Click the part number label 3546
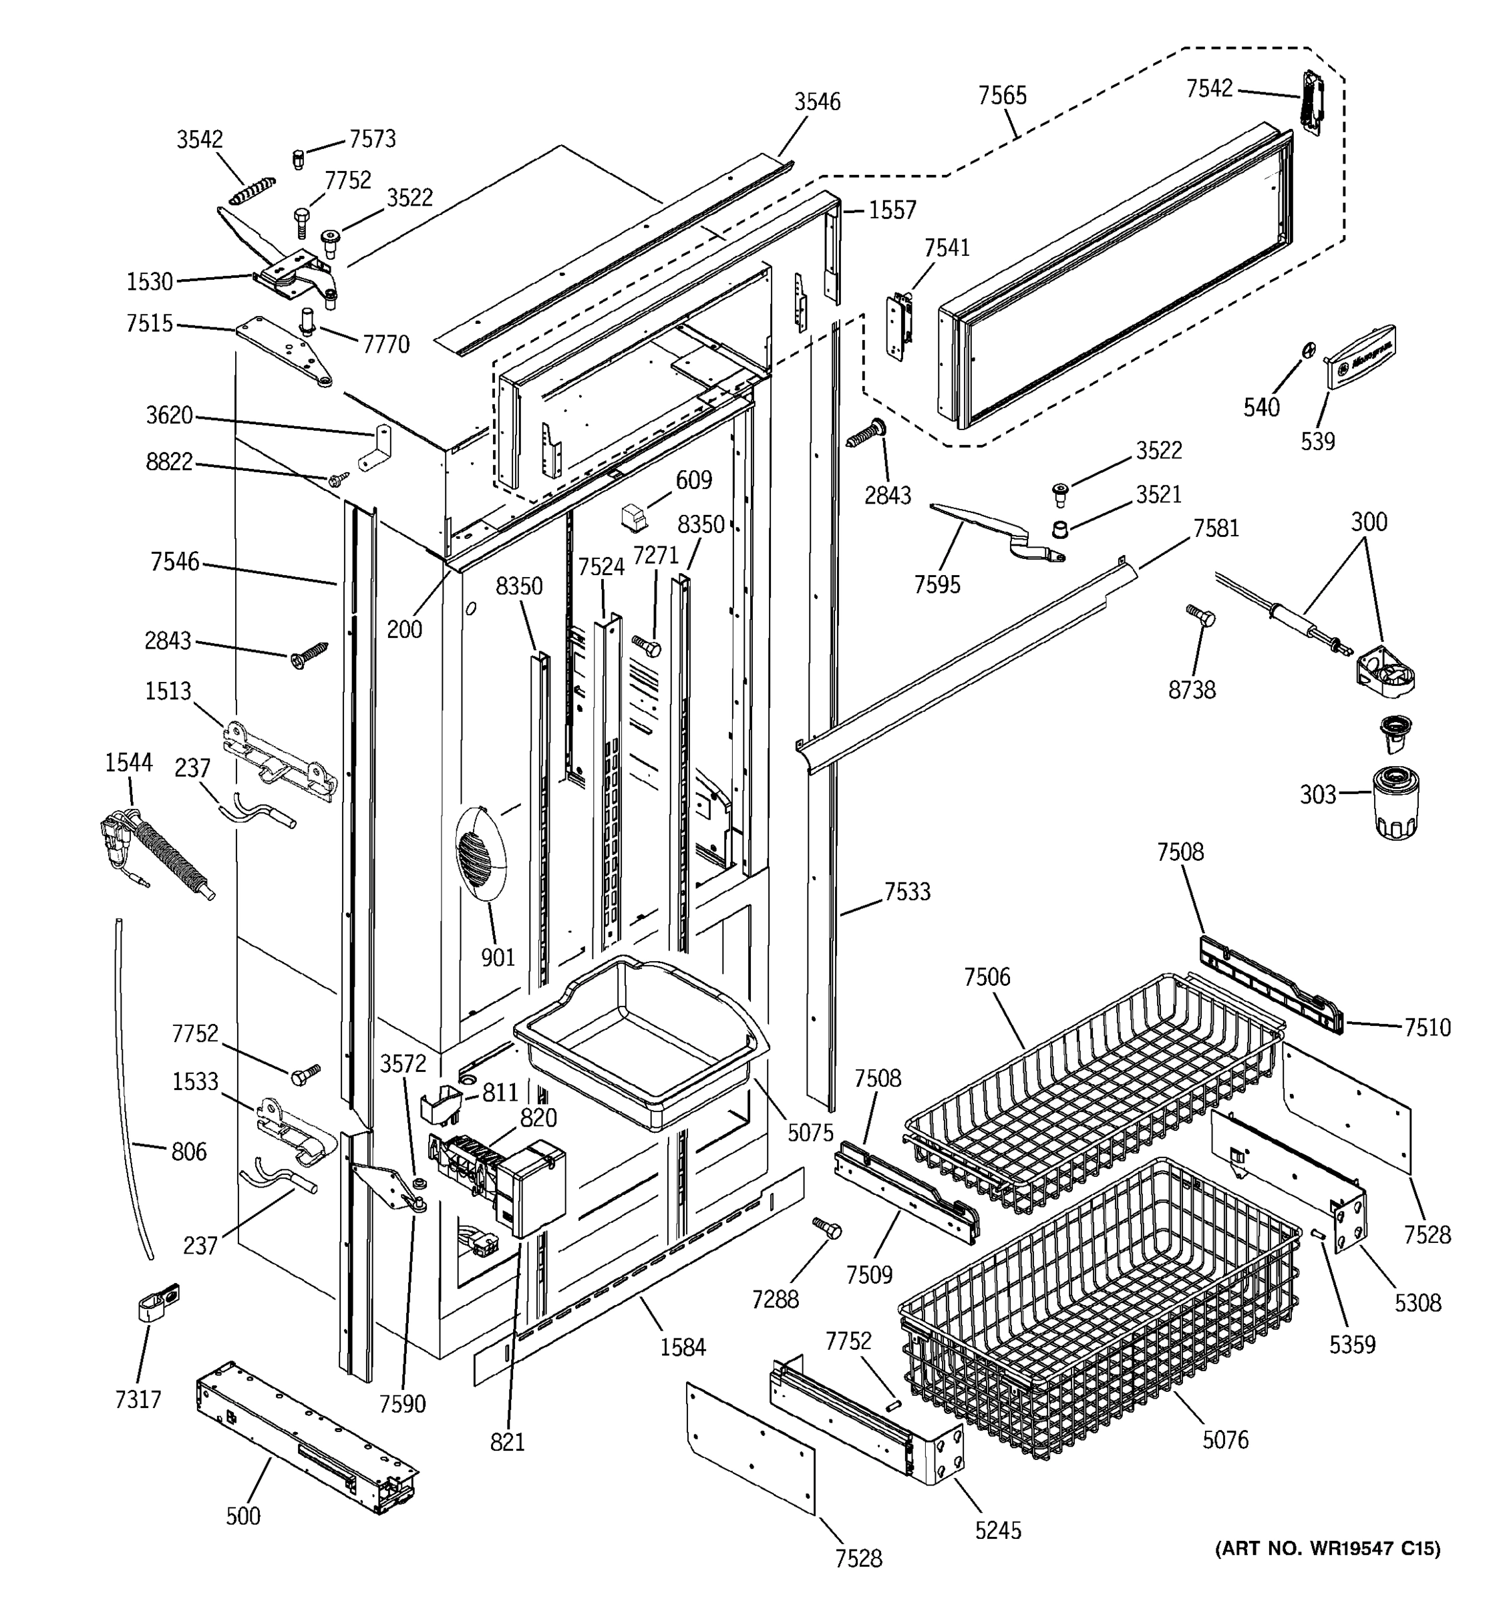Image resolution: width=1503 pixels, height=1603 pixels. pos(817,102)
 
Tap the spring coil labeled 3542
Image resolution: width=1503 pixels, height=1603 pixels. pos(253,190)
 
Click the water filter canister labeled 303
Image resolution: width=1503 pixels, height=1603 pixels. pos(1395,802)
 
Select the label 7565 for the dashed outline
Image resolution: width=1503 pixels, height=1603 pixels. pos(1002,96)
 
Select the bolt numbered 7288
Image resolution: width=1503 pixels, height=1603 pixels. pos(826,1229)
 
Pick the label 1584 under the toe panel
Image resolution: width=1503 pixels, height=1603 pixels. pos(682,1347)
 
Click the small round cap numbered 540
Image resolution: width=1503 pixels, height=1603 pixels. pos(1309,350)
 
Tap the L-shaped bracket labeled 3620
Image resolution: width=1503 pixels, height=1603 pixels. pos(377,448)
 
